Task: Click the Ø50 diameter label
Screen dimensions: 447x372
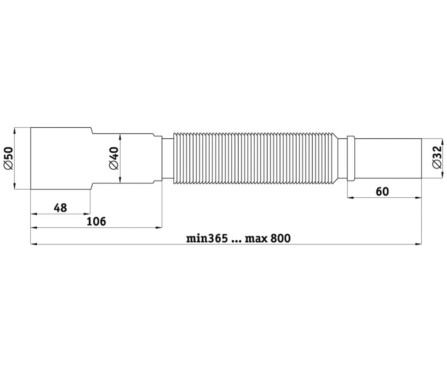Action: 9,158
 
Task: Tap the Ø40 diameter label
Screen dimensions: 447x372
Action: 114,158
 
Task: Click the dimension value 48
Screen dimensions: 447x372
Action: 60,208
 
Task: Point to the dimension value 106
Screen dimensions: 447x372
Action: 96,221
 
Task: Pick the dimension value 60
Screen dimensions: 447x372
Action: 382,192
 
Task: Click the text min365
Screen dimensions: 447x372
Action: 207,238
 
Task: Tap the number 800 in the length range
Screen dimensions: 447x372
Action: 280,238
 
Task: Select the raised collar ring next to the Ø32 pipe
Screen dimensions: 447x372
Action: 351,158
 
